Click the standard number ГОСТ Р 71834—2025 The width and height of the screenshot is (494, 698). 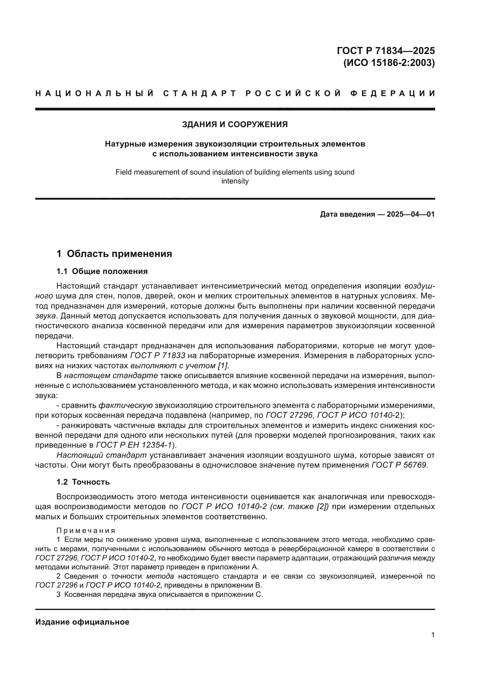point(385,50)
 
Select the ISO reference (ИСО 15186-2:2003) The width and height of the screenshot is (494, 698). point(389,63)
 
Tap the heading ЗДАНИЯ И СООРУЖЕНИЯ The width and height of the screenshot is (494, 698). point(235,124)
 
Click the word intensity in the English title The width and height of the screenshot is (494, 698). point(235,181)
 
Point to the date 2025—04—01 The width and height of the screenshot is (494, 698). point(410,214)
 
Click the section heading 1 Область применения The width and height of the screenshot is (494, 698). point(114,254)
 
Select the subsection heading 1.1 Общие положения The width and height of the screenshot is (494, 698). point(102,271)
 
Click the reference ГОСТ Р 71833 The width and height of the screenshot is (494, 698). point(158,355)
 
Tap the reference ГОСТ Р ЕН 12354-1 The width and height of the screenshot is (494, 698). point(134,445)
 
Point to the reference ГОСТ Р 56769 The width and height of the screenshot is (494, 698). point(399,465)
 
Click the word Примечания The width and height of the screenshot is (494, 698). point(86,531)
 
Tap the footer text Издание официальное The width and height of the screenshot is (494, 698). point(82,622)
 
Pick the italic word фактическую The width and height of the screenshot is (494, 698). point(126,405)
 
